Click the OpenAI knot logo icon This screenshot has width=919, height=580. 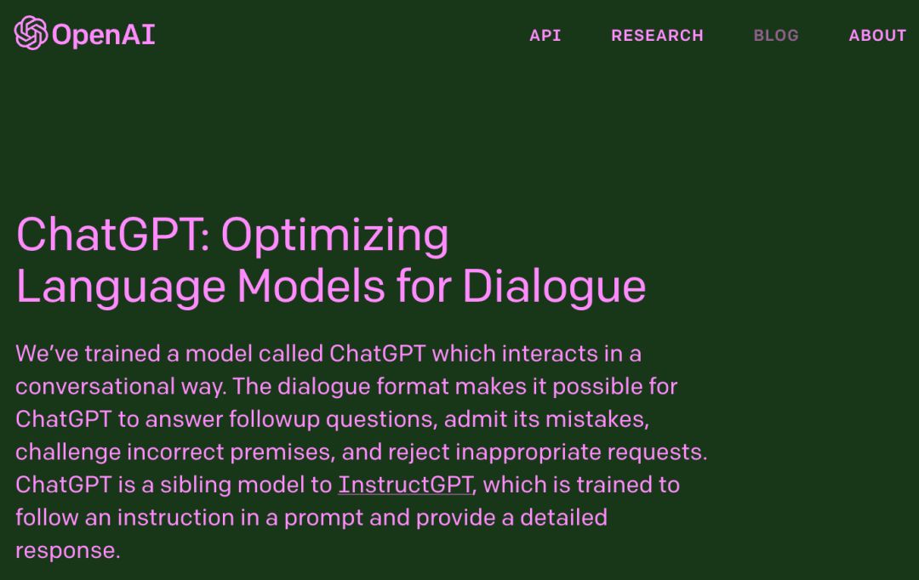31,33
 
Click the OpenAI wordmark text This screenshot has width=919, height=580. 103,35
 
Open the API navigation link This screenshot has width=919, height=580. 545,36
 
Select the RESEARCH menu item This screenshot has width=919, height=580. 657,36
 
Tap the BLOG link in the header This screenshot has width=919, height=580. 776,36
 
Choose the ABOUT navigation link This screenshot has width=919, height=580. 877,36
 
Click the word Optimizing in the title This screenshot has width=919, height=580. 334,236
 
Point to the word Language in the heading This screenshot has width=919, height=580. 121,287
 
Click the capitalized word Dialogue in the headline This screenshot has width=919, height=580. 555,287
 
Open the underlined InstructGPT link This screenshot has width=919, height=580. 405,485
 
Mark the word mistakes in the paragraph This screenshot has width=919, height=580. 596,420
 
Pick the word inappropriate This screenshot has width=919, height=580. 528,453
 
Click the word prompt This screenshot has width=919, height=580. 323,519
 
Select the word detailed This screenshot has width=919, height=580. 564,518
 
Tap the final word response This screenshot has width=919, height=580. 68,551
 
